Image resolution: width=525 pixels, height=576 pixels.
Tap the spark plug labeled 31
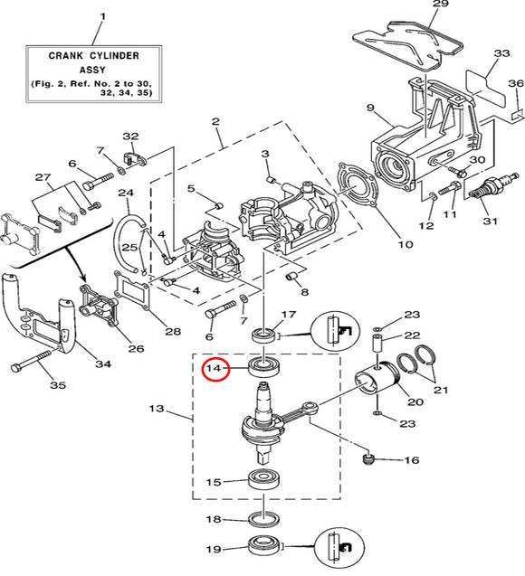[x=489, y=187]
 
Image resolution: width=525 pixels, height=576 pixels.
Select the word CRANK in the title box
[x=65, y=56]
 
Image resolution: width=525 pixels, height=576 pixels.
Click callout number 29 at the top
[x=441, y=4]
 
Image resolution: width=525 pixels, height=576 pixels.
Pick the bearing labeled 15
[x=263, y=479]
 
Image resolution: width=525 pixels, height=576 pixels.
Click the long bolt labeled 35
[x=32, y=360]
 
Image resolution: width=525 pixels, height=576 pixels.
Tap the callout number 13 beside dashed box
[x=157, y=409]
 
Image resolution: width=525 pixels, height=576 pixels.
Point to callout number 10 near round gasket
[x=406, y=244]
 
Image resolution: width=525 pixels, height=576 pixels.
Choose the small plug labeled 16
[x=367, y=459]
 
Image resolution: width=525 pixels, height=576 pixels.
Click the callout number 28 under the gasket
[x=173, y=331]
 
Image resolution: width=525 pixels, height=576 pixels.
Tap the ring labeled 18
[x=263, y=519]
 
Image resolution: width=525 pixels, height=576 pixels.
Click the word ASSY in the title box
[x=92, y=70]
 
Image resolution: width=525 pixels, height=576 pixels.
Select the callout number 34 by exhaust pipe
[x=103, y=364]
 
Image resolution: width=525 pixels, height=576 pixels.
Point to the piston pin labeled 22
[x=378, y=343]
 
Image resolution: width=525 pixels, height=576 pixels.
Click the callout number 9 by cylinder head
[x=370, y=108]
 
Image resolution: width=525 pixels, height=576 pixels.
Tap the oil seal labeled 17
[x=263, y=335]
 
